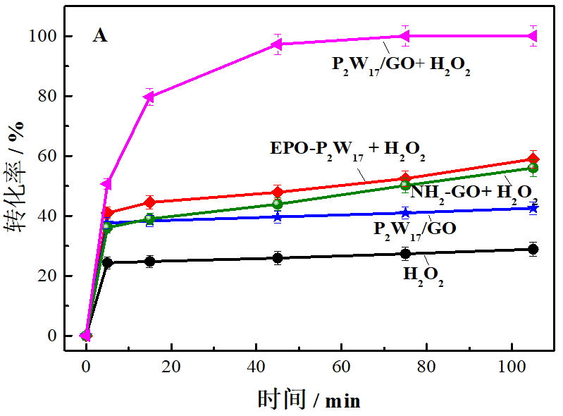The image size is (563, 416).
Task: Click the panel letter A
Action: pos(100,35)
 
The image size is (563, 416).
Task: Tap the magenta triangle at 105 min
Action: pos(533,36)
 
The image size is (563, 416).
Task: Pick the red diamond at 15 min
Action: pos(149,202)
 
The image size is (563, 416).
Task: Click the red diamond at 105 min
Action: pos(533,159)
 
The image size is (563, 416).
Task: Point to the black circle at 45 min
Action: pos(278,258)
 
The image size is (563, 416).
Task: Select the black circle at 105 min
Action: pos(533,249)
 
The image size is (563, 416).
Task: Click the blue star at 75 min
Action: pos(405,213)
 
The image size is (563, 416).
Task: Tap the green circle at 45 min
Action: pos(278,204)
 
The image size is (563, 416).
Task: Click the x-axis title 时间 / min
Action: pos(309,400)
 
